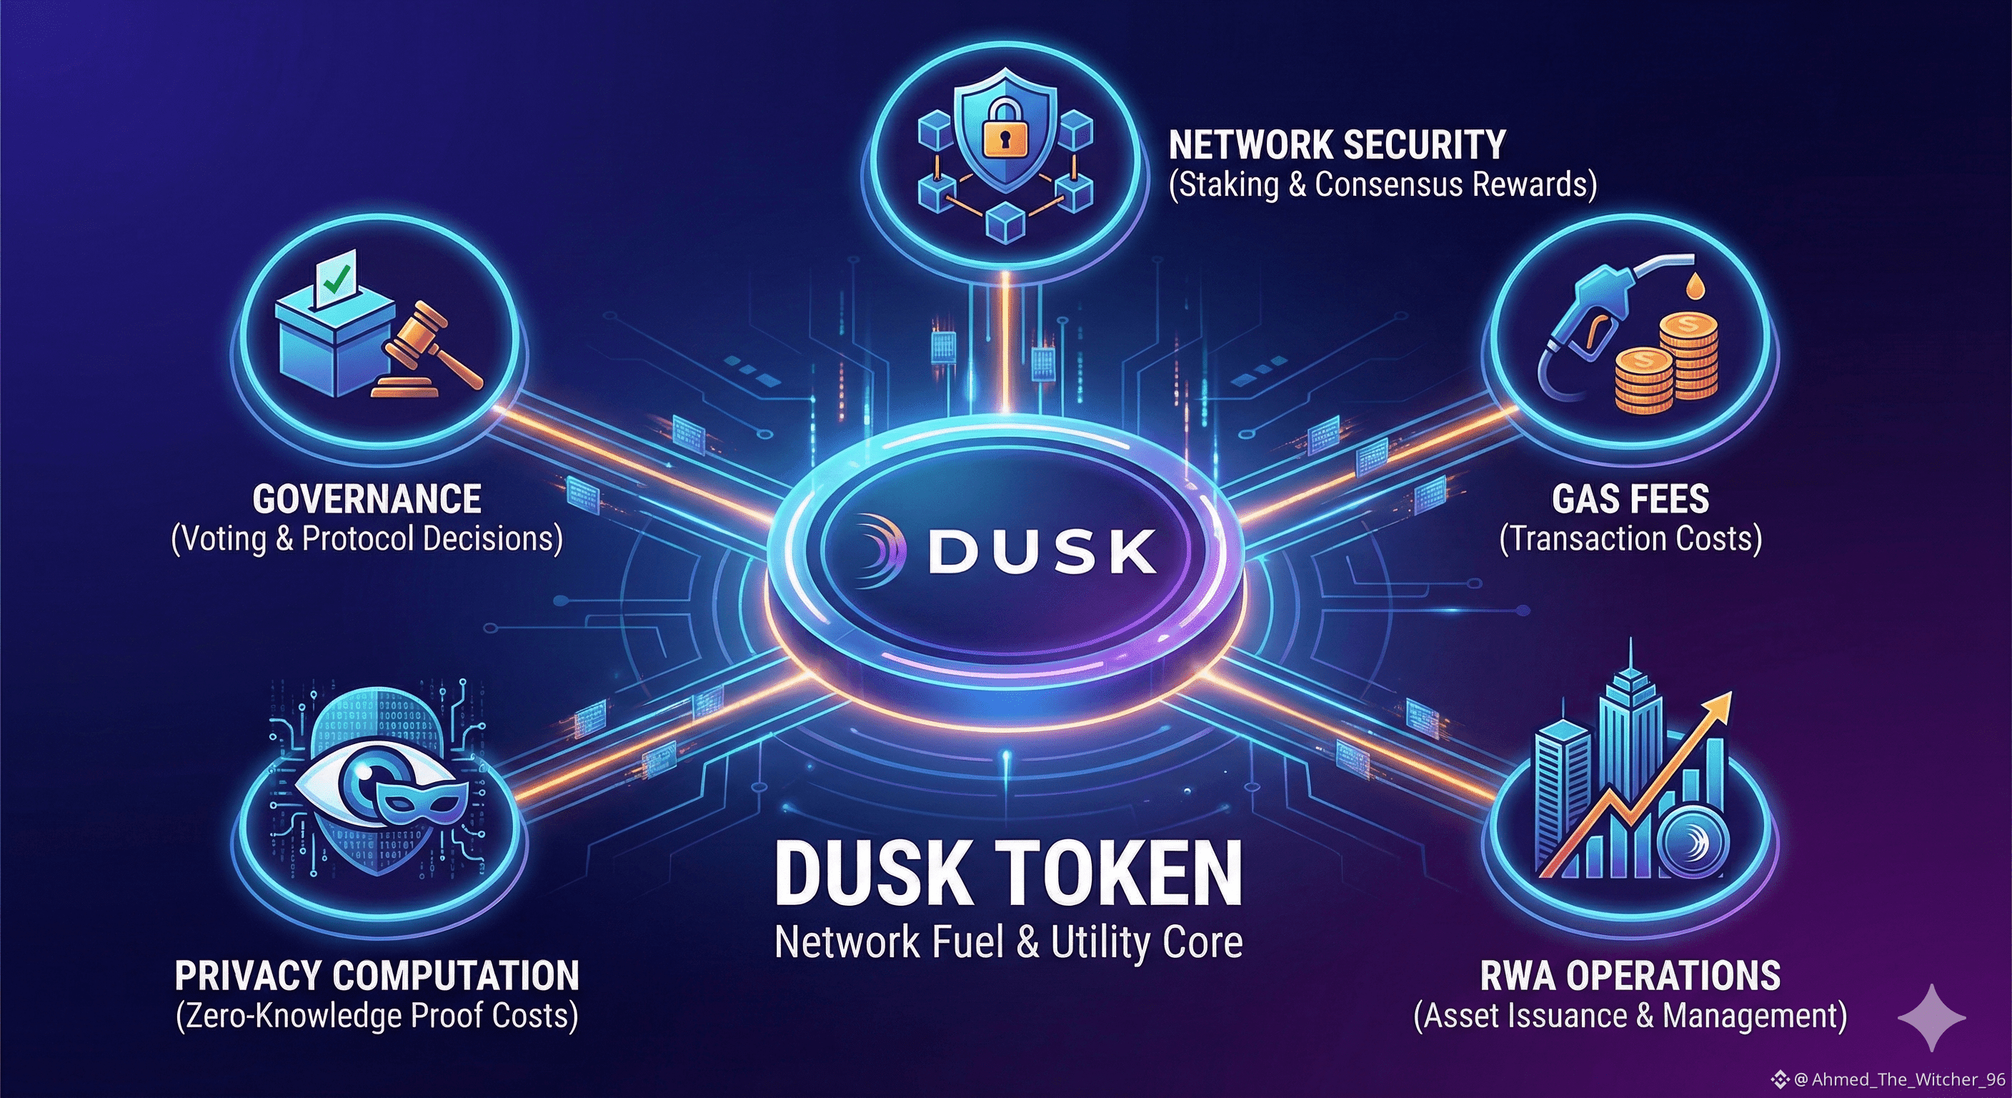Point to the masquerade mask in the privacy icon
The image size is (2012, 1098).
click(422, 805)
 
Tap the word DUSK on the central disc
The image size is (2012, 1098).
click(1042, 551)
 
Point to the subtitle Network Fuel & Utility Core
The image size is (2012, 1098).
click(1008, 942)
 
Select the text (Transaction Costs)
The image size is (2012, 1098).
click(1630, 539)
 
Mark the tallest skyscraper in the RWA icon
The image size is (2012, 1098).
click(1629, 751)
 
